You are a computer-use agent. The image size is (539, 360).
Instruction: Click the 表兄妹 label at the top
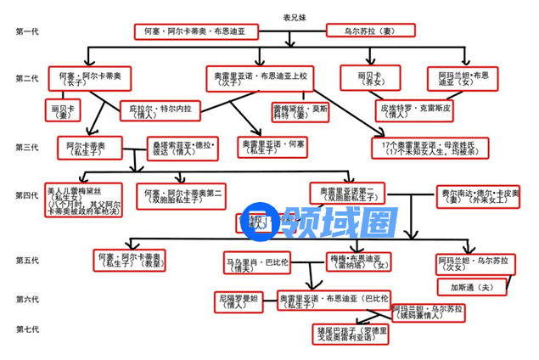[294, 16]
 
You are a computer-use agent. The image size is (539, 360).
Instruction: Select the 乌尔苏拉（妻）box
[370, 31]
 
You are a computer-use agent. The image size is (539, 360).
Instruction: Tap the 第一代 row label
[27, 32]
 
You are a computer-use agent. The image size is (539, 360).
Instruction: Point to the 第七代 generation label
[27, 328]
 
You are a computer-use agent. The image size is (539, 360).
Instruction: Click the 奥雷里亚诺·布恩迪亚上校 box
[261, 80]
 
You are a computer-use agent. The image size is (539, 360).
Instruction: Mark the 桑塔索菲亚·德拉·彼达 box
[182, 149]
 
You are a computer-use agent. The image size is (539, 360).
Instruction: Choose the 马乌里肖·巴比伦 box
[256, 262]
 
